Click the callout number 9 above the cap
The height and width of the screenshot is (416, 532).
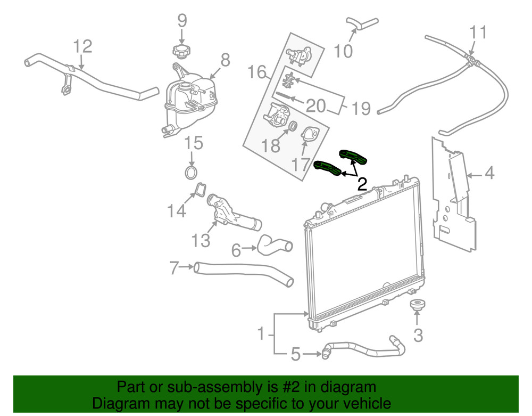point(182,21)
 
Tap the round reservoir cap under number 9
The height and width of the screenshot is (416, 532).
point(181,51)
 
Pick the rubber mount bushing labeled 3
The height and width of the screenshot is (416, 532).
point(417,307)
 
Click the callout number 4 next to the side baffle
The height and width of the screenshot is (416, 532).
point(489,174)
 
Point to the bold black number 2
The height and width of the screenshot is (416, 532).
point(362,184)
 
